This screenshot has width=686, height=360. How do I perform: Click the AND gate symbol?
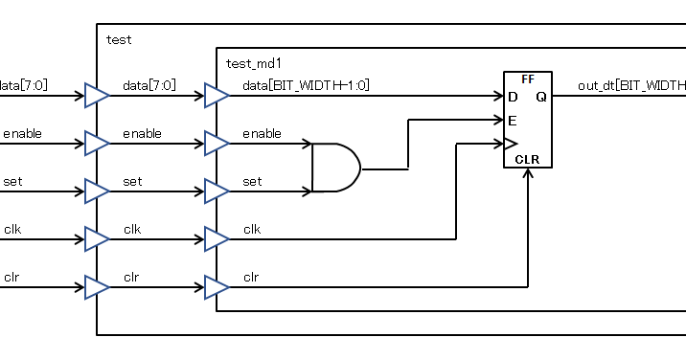336,169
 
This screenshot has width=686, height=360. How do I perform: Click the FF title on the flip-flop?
528,79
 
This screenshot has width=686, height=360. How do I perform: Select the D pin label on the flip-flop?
513,97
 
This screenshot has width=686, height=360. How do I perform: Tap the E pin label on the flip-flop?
513,121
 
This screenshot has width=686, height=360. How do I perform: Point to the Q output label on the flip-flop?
541,97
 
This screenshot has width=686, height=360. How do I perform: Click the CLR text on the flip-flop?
528,159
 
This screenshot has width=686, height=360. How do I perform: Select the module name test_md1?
253,64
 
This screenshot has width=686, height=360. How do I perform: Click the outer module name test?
119,40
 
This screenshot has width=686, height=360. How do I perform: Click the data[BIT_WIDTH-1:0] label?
306,86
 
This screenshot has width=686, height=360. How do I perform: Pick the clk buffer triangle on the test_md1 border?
216,238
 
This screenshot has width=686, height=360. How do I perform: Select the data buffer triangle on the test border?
97,96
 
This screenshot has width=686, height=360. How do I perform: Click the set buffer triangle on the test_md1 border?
216,191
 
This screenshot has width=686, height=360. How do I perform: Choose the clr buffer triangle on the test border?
97,286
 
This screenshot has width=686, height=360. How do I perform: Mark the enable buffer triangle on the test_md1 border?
216,144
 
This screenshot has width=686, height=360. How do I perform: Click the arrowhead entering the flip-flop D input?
498,96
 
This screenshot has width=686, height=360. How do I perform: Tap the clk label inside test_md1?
252,230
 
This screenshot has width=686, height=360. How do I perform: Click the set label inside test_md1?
252,182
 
